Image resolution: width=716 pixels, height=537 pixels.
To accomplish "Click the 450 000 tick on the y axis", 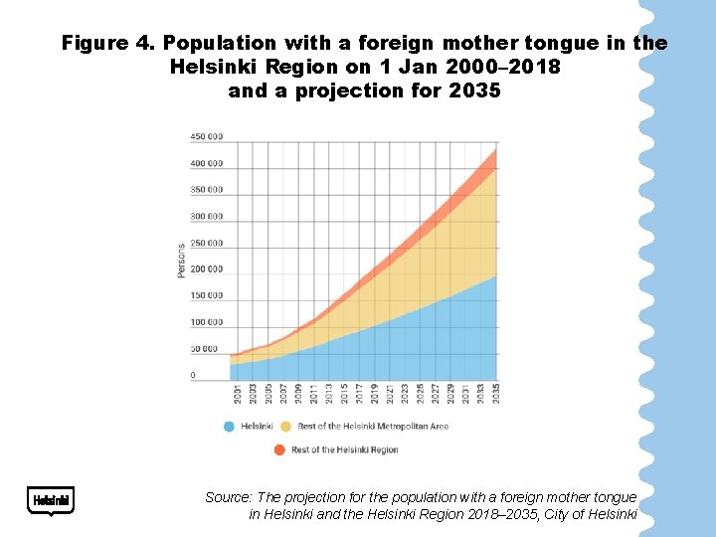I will pyautogui.click(x=208, y=137).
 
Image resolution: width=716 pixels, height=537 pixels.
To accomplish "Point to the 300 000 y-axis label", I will pyautogui.click(x=208, y=217).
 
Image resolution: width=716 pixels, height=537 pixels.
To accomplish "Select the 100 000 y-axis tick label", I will pyautogui.click(x=208, y=322).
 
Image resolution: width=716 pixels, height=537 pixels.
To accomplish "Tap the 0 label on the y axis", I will pyautogui.click(x=193, y=376).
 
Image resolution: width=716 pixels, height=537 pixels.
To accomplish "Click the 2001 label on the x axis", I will pyautogui.click(x=237, y=393).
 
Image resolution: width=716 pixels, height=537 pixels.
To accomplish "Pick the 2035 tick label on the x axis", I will pyautogui.click(x=495, y=393).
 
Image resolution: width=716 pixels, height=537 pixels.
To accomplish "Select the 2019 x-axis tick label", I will pyautogui.click(x=374, y=393).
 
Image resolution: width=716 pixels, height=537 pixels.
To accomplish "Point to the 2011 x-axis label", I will pyautogui.click(x=313, y=393).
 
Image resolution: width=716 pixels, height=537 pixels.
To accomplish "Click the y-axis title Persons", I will pyautogui.click(x=181, y=260).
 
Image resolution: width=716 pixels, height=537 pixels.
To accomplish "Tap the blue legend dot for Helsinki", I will pyautogui.click(x=229, y=427).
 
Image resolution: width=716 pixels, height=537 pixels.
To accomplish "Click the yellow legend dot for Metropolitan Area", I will pyautogui.click(x=285, y=427).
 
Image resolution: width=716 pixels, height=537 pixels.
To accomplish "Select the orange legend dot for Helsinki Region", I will pyautogui.click(x=279, y=449).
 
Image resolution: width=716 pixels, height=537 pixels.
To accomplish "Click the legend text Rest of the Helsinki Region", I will pyautogui.click(x=345, y=449).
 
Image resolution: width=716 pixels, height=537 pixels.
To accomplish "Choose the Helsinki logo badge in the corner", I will pyautogui.click(x=51, y=500).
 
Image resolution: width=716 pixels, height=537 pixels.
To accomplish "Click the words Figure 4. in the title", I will pyautogui.click(x=107, y=44).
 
